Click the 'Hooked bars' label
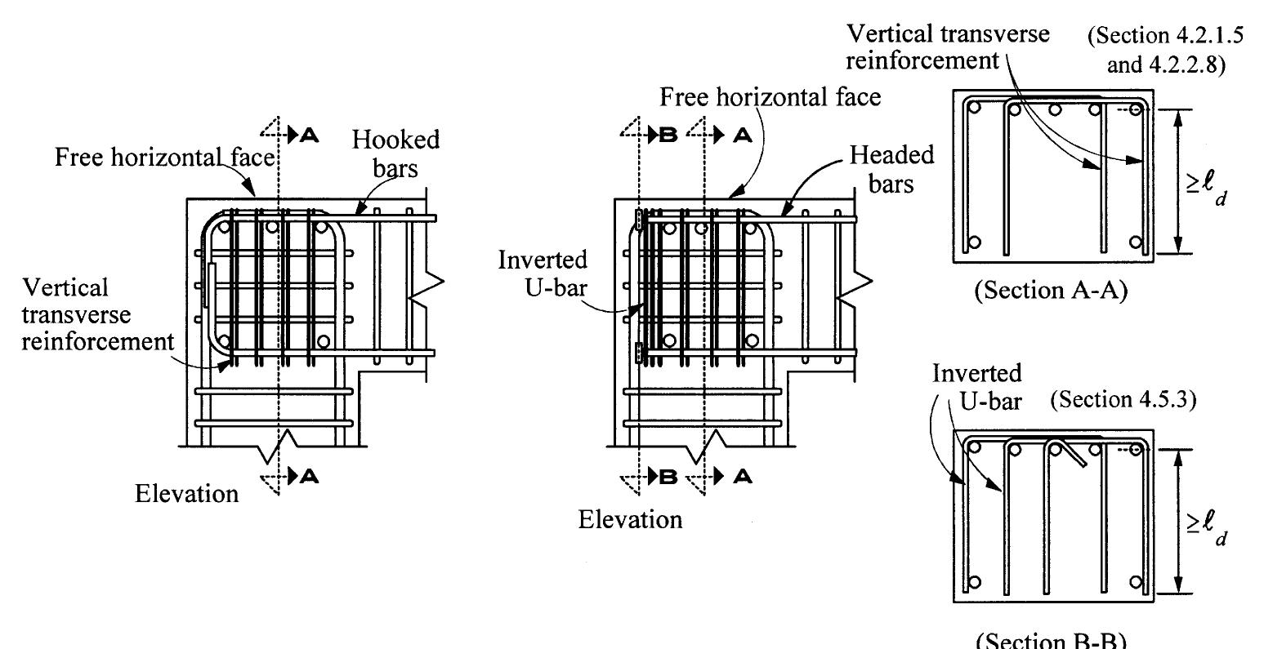tap(395, 152)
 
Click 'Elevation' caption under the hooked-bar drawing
tap(187, 493)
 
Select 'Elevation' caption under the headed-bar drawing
tap(630, 519)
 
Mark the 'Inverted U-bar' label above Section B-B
tap(977, 385)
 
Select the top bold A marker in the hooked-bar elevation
tap(308, 136)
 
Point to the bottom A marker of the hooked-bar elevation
tap(308, 477)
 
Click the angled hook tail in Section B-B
tap(1077, 456)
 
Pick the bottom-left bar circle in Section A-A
tap(972, 242)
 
